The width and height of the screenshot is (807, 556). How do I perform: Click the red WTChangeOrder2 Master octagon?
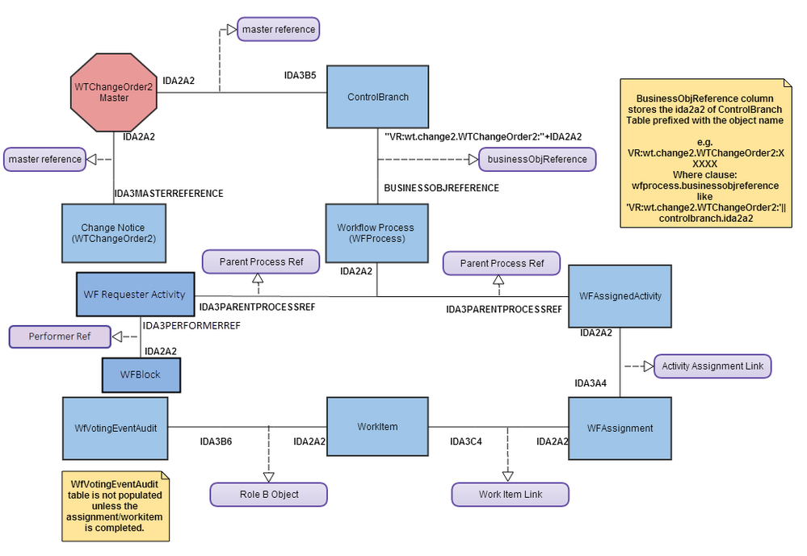tap(114, 92)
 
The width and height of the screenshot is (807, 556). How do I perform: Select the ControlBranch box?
tap(377, 97)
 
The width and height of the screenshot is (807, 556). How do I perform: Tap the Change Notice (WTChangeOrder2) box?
tap(114, 233)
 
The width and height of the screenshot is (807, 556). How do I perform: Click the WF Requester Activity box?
tap(136, 295)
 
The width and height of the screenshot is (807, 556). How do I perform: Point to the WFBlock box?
tap(141, 375)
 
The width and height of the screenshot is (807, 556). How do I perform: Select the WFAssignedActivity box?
tap(620, 296)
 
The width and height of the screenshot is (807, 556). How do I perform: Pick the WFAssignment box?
tap(620, 428)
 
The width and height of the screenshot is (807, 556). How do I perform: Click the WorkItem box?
tap(377, 427)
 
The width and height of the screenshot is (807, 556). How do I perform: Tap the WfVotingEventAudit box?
tap(114, 428)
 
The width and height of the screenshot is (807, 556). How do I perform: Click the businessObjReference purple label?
tap(537, 159)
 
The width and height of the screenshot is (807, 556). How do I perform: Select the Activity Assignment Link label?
tap(712, 366)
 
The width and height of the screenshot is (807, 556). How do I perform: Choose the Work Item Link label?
tap(510, 494)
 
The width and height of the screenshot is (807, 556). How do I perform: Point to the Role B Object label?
tap(268, 494)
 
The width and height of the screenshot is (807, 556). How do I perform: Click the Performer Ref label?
tap(60, 337)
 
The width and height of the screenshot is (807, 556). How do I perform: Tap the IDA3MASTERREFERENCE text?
tap(168, 194)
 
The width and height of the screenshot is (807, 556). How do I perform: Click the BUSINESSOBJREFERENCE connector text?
tap(440, 188)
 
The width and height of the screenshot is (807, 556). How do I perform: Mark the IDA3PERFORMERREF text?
tap(191, 325)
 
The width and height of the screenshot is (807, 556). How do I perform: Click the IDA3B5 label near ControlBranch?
tap(300, 75)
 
